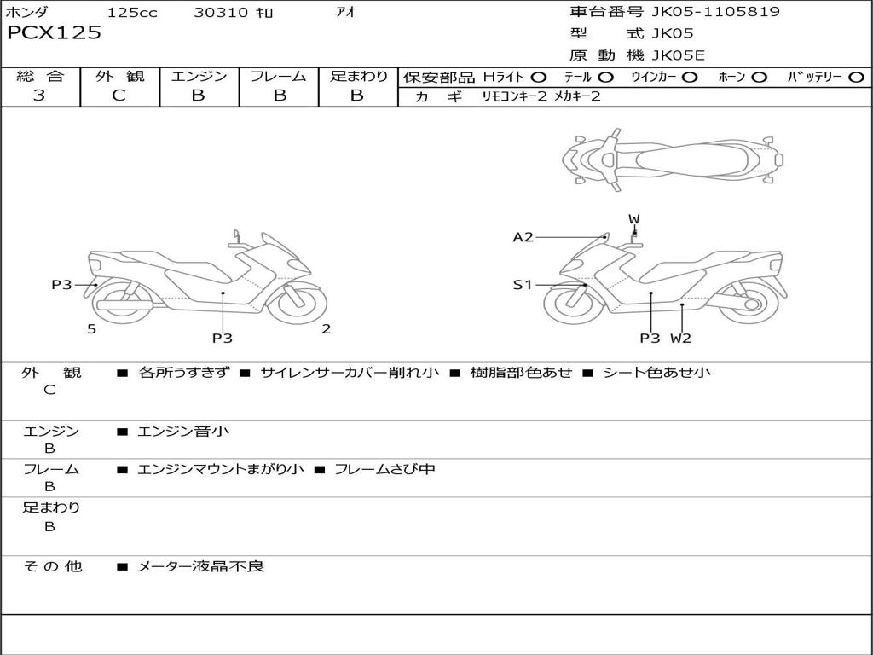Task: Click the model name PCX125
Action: (x=54, y=33)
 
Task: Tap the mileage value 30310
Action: (x=221, y=13)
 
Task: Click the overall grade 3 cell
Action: (x=39, y=96)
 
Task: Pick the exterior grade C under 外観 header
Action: (x=119, y=96)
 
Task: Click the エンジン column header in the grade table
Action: (x=199, y=76)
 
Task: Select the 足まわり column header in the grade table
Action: (x=358, y=76)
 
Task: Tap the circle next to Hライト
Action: (x=538, y=78)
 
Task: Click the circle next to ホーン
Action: (x=759, y=78)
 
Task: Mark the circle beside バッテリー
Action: (x=856, y=78)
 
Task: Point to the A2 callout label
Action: (x=523, y=237)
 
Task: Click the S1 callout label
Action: (x=523, y=285)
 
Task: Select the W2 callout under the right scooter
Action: (x=680, y=338)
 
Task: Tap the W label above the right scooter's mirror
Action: (x=633, y=219)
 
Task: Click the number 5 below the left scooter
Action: (x=91, y=329)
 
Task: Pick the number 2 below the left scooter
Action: (x=326, y=329)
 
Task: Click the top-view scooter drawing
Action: (x=672, y=159)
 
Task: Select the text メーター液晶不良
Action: (x=201, y=566)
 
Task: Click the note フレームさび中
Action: (x=384, y=469)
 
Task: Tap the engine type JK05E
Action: (x=678, y=55)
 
